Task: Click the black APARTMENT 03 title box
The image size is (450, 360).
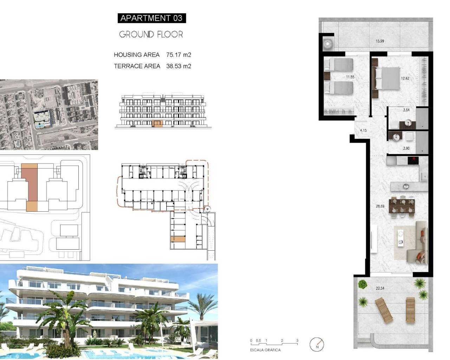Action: [x=152, y=18]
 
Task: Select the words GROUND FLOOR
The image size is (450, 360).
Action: [x=151, y=34]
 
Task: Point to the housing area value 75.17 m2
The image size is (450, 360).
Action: [x=179, y=55]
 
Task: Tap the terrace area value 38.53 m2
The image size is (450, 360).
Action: [x=179, y=66]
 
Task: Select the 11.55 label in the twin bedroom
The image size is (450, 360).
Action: [x=350, y=77]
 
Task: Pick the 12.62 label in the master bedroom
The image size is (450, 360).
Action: [x=405, y=78]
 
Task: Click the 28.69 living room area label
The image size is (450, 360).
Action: [x=380, y=206]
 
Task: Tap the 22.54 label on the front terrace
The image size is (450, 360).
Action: [x=380, y=288]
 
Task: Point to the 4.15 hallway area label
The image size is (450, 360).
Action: [x=363, y=130]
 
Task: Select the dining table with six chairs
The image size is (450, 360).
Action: [x=402, y=206]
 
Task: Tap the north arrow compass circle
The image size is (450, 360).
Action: [x=317, y=345]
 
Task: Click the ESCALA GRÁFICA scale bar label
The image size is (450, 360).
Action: [x=265, y=350]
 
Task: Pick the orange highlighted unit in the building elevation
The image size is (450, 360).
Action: [x=156, y=123]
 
